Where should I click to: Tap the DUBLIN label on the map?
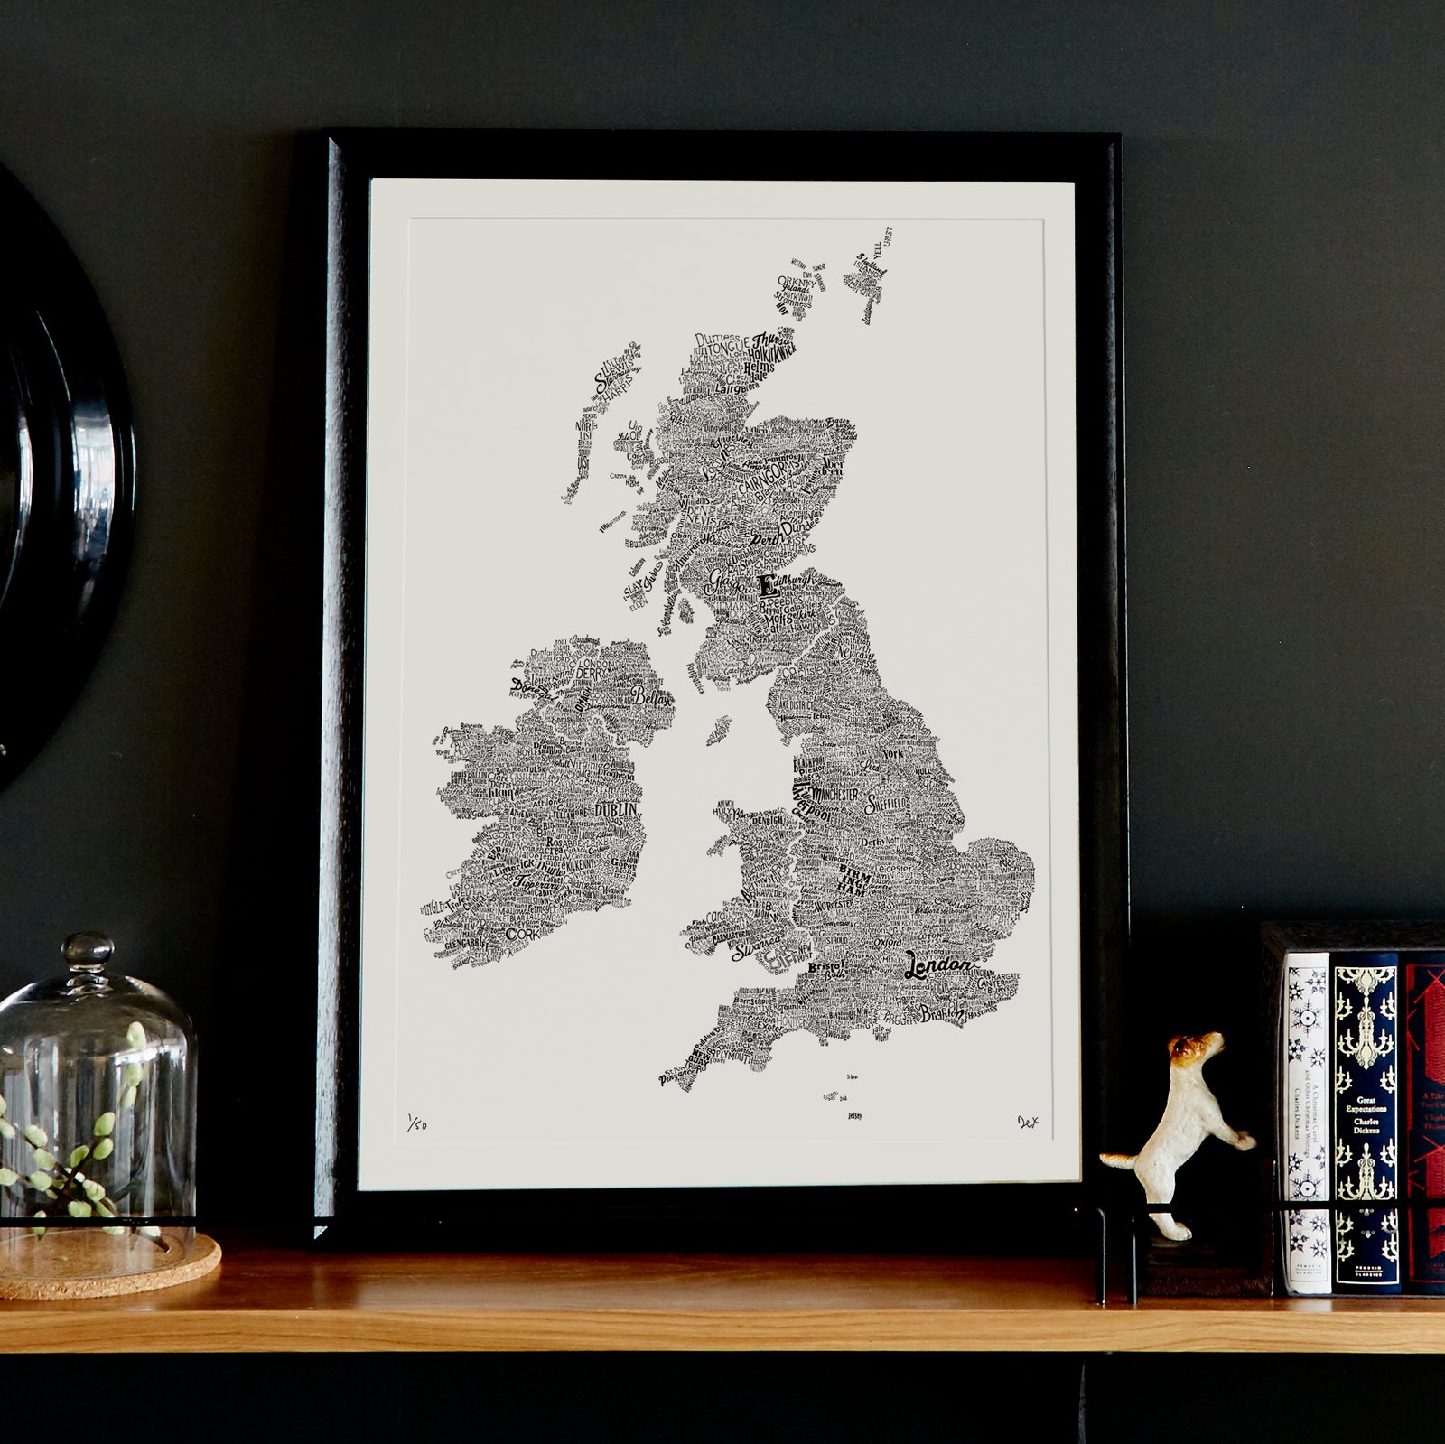click(617, 810)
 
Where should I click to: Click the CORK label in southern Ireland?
click(522, 934)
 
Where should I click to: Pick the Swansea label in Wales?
click(755, 952)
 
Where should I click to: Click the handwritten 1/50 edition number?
click(416, 1124)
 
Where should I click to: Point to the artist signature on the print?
click(1028, 1123)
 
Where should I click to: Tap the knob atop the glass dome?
click(89, 951)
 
